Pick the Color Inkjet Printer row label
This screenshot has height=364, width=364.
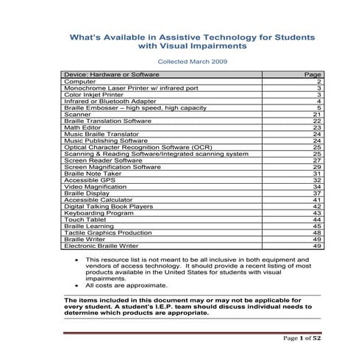tap(93, 95)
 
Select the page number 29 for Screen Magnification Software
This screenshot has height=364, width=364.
tap(317, 167)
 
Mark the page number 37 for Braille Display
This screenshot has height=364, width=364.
tap(317, 193)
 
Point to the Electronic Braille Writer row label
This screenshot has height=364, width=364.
tap(101, 246)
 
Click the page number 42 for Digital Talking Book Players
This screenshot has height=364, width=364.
tap(317, 207)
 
